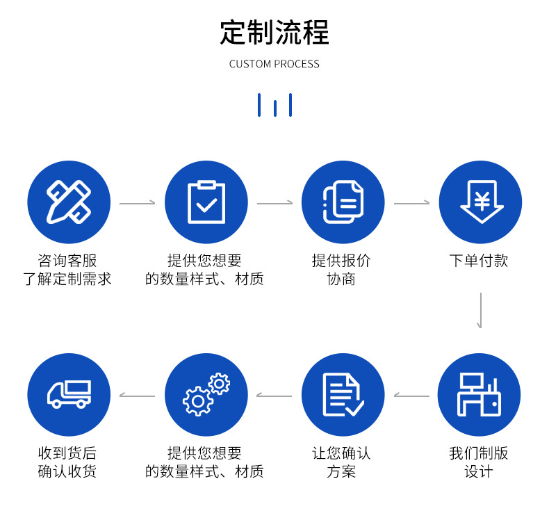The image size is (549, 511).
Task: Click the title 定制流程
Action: [x=274, y=33]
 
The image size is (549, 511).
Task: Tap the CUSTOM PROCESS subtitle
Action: [x=274, y=64]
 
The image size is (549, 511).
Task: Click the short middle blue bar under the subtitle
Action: [x=275, y=108]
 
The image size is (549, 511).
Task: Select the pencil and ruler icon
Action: [x=69, y=202]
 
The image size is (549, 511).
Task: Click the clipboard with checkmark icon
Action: [x=206, y=202]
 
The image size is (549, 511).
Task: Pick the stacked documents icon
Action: [x=343, y=202]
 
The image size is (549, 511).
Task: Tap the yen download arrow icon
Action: [x=482, y=202]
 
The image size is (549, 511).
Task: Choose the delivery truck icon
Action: [x=69, y=394]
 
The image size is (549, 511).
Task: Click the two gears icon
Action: [x=206, y=394]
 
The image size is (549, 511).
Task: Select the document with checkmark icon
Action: [x=343, y=395]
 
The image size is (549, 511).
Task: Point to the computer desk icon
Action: [x=479, y=394]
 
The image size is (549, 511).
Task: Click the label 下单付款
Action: [x=479, y=261]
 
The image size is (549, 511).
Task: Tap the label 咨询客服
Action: [x=67, y=261]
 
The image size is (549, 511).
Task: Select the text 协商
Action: [x=341, y=279]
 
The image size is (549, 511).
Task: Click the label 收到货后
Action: [x=67, y=453]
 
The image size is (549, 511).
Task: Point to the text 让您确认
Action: [x=341, y=453]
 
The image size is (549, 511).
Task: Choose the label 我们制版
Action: [x=479, y=453]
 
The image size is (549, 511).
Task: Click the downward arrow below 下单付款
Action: [x=481, y=311]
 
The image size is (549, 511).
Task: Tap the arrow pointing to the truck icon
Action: [x=138, y=396]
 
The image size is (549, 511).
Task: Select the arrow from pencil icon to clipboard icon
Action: [x=138, y=203]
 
